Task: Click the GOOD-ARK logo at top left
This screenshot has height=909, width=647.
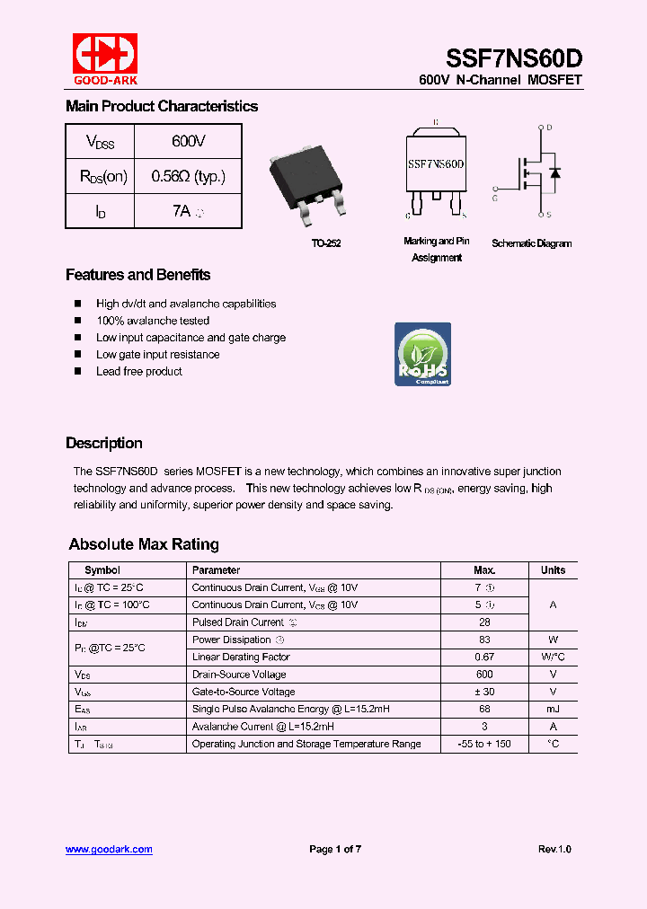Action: [x=105, y=59]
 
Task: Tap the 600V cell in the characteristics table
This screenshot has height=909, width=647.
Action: [x=188, y=142]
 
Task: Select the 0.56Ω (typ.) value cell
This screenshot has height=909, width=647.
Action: [x=188, y=176]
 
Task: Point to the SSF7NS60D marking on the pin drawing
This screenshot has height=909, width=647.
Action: [x=436, y=164]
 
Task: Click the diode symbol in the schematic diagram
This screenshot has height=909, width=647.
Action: [x=555, y=172]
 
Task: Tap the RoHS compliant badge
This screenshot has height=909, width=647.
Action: [x=422, y=354]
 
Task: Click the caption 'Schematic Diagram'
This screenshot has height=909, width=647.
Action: [x=531, y=243]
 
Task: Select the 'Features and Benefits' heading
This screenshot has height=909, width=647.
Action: [x=137, y=275]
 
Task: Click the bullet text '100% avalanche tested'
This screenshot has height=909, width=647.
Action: [x=153, y=321]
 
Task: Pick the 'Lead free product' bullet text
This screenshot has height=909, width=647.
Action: [x=138, y=372]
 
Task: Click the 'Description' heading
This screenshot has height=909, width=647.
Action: [x=103, y=443]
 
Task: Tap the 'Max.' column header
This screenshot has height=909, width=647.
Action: [x=484, y=570]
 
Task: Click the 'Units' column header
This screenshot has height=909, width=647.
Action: [x=553, y=570]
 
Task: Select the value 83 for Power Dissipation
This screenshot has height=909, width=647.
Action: [x=484, y=640]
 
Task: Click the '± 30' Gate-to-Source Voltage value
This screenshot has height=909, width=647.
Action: [x=484, y=692]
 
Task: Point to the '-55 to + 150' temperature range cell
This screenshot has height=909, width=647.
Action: [x=484, y=744]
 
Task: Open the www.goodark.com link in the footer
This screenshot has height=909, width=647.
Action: [x=109, y=849]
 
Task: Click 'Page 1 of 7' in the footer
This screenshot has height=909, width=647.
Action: [x=335, y=849]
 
